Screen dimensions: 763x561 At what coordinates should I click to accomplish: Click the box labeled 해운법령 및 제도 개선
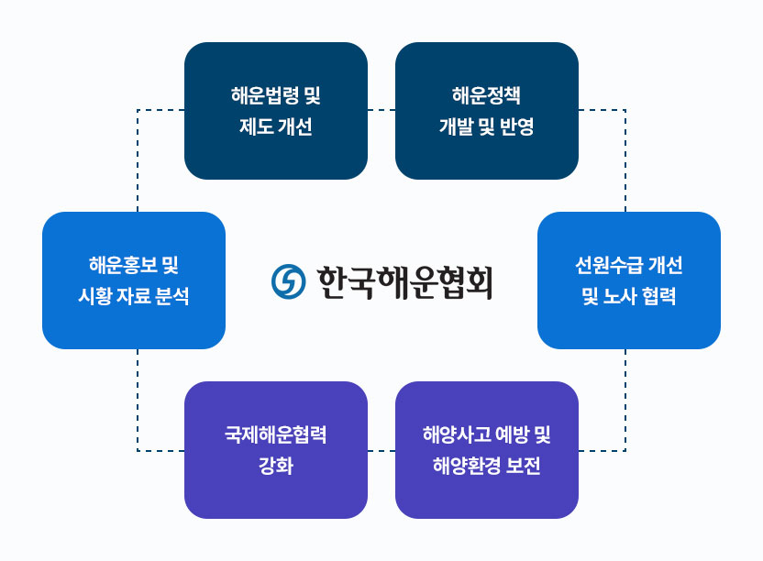click(276, 111)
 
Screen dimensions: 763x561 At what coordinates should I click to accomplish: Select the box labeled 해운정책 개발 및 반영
click(487, 111)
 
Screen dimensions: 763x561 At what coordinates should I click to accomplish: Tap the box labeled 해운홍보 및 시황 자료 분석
click(134, 280)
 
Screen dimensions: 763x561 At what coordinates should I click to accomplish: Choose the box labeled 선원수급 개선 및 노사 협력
click(629, 280)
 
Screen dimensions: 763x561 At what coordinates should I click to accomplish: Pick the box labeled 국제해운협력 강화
click(276, 450)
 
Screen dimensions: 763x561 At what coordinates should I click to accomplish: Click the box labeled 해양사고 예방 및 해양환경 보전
click(487, 450)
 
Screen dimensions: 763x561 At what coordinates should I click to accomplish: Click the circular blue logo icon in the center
click(289, 281)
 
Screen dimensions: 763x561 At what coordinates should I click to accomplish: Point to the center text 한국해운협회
click(404, 282)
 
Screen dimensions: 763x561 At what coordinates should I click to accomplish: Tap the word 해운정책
click(487, 95)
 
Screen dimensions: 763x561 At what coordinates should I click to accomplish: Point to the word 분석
click(172, 296)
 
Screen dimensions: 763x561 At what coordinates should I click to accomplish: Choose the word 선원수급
click(609, 265)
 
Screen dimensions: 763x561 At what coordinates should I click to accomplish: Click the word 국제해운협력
click(276, 434)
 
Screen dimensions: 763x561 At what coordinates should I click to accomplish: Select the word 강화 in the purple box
click(276, 466)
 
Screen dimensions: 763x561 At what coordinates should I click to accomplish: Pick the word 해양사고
click(457, 434)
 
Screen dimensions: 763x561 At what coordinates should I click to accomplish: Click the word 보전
click(523, 466)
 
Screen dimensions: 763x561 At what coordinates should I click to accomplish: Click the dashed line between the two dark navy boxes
click(381, 110)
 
